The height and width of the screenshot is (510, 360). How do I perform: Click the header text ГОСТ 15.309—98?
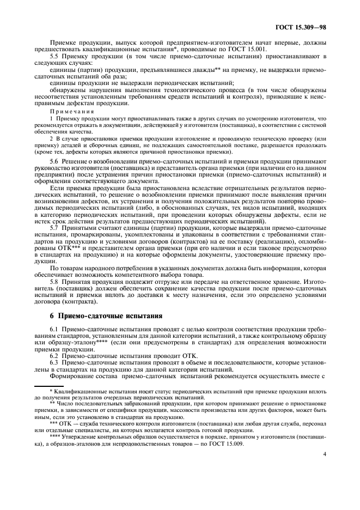[x=302, y=26]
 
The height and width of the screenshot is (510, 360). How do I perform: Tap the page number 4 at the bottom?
[x=324, y=467]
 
